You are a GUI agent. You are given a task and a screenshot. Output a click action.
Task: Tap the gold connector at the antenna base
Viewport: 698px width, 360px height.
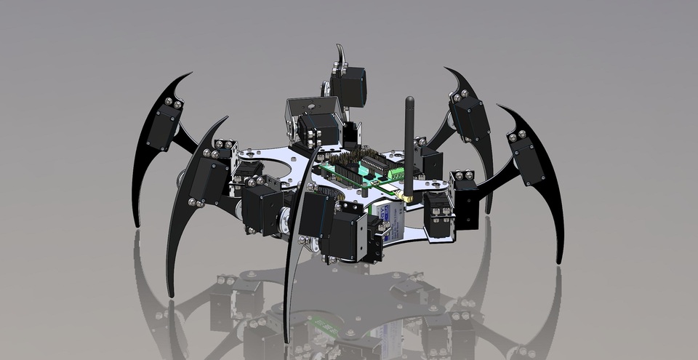click(409, 197)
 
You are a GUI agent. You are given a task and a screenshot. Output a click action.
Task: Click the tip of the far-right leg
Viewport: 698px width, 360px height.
click(559, 261)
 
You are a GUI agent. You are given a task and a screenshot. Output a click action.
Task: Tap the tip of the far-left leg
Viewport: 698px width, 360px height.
click(136, 225)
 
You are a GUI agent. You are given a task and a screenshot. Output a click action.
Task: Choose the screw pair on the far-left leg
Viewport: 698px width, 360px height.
click(172, 103)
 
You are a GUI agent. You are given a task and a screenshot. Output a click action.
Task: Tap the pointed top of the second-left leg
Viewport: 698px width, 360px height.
click(227, 117)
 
